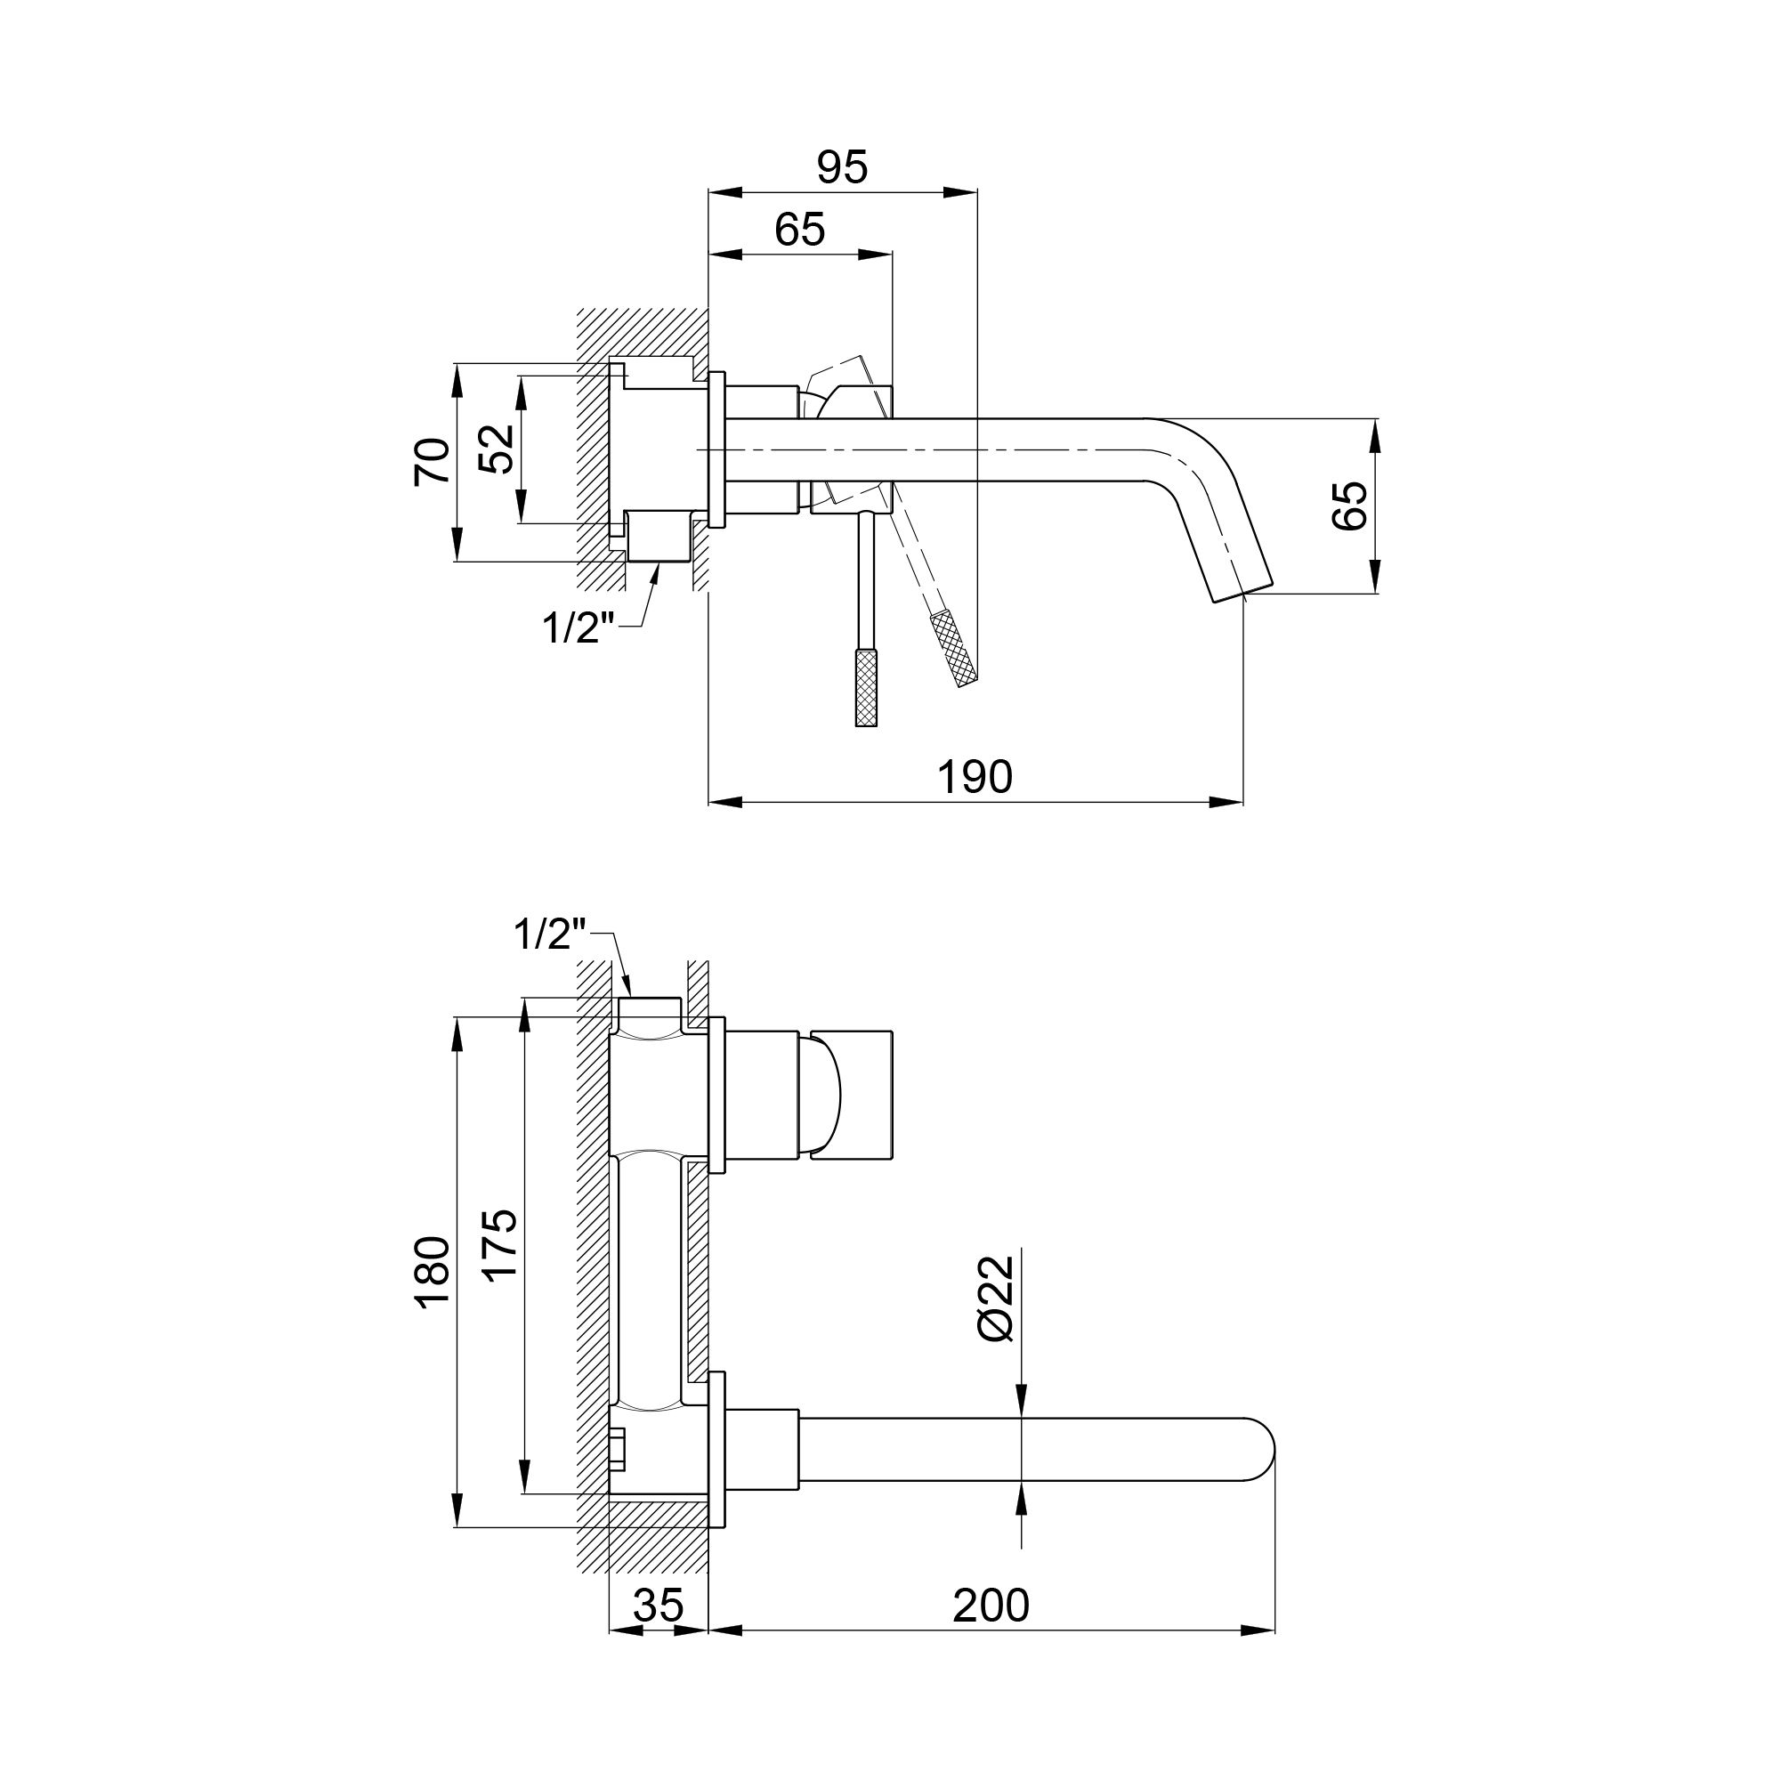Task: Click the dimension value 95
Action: pyautogui.click(x=842, y=167)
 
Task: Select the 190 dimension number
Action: pyautogui.click(x=975, y=777)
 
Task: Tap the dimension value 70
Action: pyautogui.click(x=433, y=462)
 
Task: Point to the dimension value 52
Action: pyautogui.click(x=499, y=449)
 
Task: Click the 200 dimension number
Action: pyautogui.click(x=991, y=1605)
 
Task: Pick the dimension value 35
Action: pyautogui.click(x=659, y=1605)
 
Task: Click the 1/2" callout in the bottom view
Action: pyautogui.click(x=550, y=935)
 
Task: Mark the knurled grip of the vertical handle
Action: pyautogui.click(x=866, y=688)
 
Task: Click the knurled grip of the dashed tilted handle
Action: pyautogui.click(x=953, y=651)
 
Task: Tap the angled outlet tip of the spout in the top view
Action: pyautogui.click(x=1241, y=591)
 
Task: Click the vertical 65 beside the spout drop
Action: pyautogui.click(x=1351, y=505)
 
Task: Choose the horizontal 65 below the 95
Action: pyautogui.click(x=800, y=230)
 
